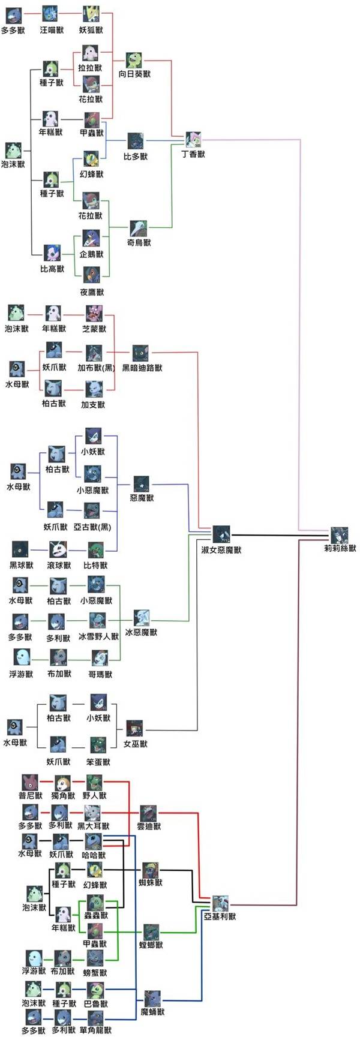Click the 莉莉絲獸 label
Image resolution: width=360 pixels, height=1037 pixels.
tap(340, 548)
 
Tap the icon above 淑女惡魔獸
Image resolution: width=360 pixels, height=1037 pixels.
tap(221, 534)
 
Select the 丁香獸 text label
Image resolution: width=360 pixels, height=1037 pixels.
tap(193, 154)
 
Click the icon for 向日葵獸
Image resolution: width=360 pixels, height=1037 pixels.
tap(134, 61)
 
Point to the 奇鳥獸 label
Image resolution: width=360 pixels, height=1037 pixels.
tap(139, 242)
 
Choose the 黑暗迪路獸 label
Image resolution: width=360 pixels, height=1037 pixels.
tap(142, 368)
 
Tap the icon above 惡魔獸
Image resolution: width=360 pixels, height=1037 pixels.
tap(142, 484)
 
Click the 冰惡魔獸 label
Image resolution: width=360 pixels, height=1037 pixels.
tap(141, 632)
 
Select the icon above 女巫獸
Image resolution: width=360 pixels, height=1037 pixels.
tap(134, 729)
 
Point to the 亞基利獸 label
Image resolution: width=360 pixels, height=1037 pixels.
tap(220, 917)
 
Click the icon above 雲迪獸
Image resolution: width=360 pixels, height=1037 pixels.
tap(148, 813)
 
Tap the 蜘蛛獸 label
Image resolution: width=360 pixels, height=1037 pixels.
tap(151, 883)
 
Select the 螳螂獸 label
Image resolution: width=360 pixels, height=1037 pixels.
tap(151, 945)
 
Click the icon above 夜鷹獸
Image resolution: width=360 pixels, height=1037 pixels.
tap(91, 276)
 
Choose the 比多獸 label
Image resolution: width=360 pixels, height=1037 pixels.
tap(136, 157)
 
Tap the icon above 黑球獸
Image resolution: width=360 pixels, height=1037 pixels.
tap(20, 549)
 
